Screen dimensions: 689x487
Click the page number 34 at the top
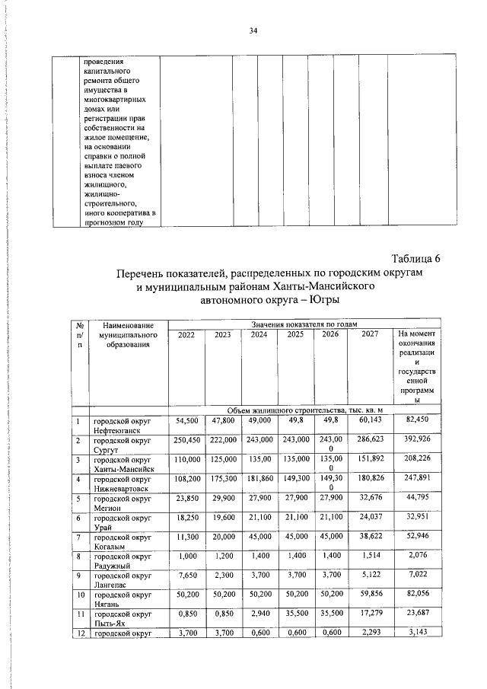point(253,30)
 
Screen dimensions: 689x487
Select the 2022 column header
point(186,333)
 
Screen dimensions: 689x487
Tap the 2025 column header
point(295,333)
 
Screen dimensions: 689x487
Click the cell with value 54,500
point(186,420)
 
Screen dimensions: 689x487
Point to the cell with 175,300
point(222,480)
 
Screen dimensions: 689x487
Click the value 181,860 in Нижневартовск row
point(259,480)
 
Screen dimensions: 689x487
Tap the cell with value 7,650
point(186,581)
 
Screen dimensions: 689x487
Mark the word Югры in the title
point(323,300)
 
